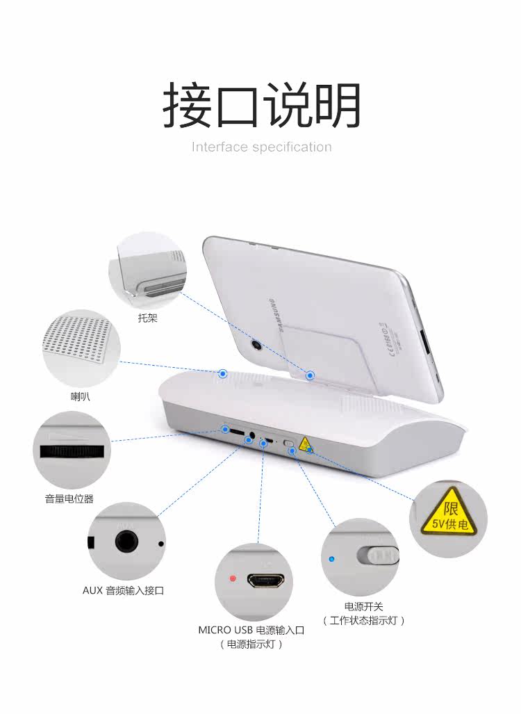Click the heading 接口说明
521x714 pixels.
click(x=261, y=106)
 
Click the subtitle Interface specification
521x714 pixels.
click(x=261, y=147)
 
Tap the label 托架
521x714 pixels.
click(x=147, y=318)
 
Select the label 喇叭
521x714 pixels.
click(x=80, y=397)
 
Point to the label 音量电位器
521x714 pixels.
click(x=69, y=498)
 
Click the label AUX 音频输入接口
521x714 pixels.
click(x=123, y=591)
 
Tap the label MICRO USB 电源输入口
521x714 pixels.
click(x=251, y=631)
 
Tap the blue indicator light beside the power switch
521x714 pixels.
click(x=333, y=558)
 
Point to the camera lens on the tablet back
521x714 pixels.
click(x=256, y=345)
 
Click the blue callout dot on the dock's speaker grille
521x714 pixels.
click(x=223, y=373)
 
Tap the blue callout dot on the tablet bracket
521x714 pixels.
click(x=311, y=375)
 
